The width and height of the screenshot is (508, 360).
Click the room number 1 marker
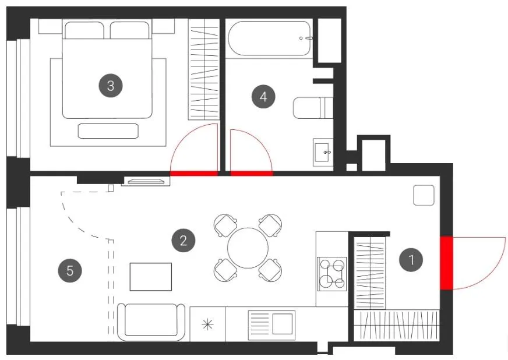point(411,260)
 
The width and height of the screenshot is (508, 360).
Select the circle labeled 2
point(184,241)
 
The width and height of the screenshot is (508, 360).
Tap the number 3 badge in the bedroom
point(111,86)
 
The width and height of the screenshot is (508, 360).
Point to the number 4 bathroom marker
point(263,97)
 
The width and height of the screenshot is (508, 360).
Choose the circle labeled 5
point(70,270)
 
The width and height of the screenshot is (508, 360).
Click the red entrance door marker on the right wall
point(446,263)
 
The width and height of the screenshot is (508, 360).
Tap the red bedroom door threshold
point(194,174)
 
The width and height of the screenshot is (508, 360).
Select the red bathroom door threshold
point(252,174)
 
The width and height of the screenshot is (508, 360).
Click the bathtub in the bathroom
point(270,38)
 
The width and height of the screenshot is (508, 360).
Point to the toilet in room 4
point(313,108)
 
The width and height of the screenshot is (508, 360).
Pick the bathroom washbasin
point(323,152)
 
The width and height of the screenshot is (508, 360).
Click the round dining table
point(248,248)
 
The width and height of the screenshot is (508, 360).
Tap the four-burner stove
point(331,274)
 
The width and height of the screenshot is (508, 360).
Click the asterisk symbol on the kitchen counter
point(207,324)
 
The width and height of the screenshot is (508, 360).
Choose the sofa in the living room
point(151,322)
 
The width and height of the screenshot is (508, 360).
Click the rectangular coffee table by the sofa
point(151,277)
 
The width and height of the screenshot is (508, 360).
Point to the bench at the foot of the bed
point(108,131)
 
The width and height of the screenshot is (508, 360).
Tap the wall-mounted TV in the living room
point(146,181)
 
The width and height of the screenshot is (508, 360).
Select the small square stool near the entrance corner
point(424,195)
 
